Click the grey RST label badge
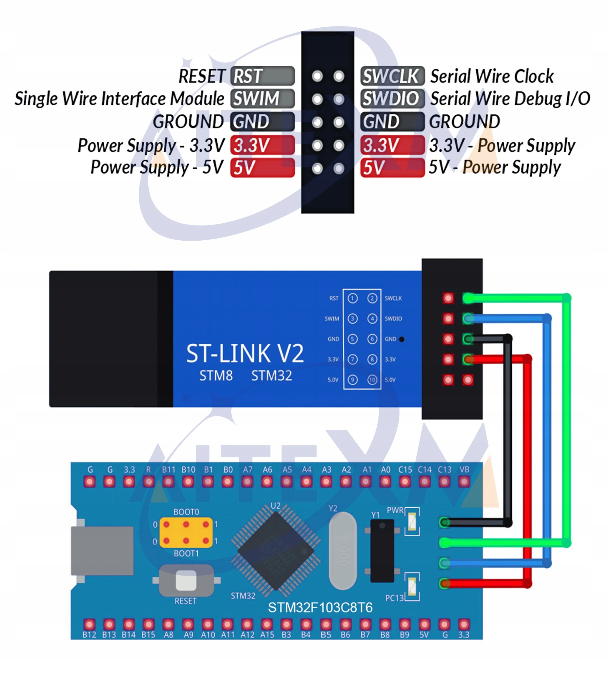click(x=262, y=76)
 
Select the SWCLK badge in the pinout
click(x=392, y=76)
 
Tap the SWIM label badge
click(x=262, y=99)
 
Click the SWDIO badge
click(x=392, y=99)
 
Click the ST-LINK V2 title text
click(x=245, y=354)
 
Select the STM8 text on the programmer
click(x=216, y=376)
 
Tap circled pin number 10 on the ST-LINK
click(x=372, y=380)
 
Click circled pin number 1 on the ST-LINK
click(x=352, y=298)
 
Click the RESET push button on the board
click(x=186, y=581)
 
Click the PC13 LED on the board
click(x=412, y=586)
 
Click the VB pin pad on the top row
click(x=464, y=482)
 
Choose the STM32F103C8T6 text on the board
click(x=320, y=608)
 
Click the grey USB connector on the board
click(x=102, y=551)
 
